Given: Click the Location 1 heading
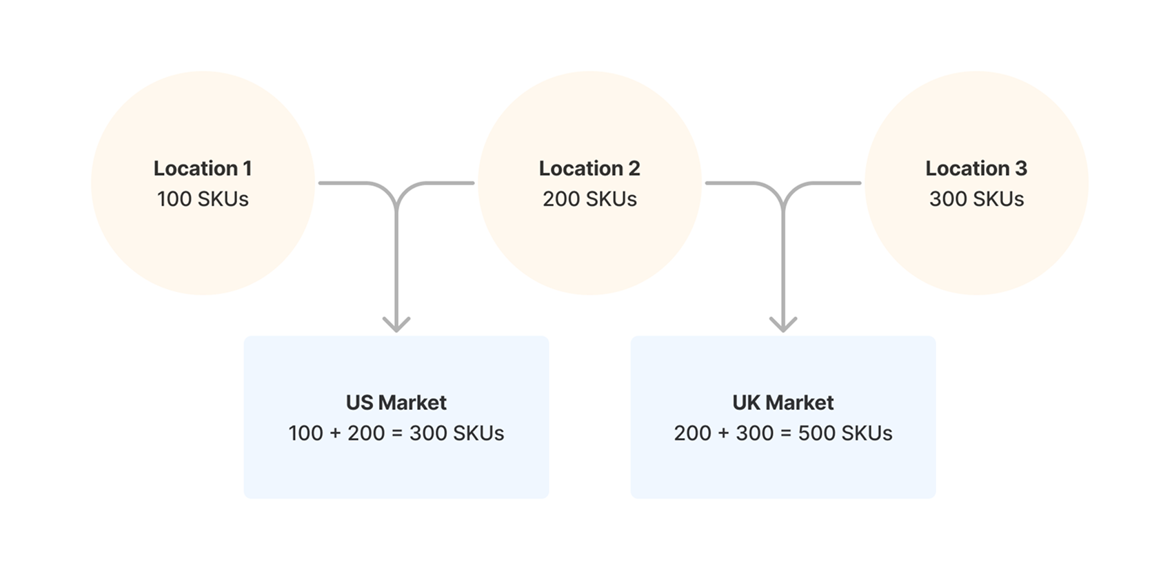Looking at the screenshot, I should [203, 168].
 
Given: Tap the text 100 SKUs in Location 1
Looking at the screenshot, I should [203, 199].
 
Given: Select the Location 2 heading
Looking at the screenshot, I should [589, 168].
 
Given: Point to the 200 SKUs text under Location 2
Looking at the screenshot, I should [589, 199].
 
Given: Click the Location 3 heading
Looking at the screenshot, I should [976, 168].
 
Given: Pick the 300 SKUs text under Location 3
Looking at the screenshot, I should [976, 199].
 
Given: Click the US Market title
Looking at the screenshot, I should [396, 402].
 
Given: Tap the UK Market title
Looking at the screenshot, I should [783, 402].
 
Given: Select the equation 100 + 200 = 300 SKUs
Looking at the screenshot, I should [396, 433].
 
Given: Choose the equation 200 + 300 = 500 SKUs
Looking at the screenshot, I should [783, 433].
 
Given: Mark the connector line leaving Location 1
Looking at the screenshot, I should [345, 183].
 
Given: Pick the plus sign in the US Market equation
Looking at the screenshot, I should [336, 433].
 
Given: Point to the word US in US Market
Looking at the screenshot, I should [359, 402].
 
